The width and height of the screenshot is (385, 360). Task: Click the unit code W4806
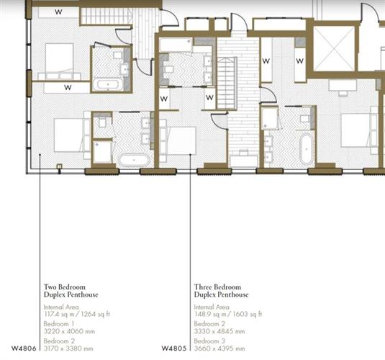coord(24,348)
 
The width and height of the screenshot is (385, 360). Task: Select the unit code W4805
coord(174,348)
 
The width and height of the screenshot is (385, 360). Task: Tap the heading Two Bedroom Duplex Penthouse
coord(71,291)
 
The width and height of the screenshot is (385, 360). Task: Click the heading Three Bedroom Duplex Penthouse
coord(221,291)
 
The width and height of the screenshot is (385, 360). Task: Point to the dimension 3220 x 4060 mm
coord(69,331)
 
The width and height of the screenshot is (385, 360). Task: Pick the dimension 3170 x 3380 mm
coord(68,348)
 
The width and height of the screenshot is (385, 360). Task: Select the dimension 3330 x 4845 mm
coord(219,331)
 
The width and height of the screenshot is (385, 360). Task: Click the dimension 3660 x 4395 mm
coord(219,348)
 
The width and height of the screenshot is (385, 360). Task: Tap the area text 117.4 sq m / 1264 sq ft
coord(77,314)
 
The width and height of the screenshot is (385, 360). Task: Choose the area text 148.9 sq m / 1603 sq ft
coord(228,314)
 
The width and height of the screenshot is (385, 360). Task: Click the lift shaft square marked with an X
coord(334,48)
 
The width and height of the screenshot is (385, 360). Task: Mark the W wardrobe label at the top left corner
coord(58,12)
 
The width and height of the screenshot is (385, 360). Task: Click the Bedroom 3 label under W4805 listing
coord(209,341)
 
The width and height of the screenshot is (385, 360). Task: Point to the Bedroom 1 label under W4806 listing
coord(59,324)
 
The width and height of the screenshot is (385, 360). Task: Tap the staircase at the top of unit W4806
coord(106,17)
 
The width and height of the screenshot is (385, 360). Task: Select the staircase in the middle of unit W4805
coord(227,84)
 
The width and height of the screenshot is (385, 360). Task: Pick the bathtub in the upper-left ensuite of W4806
coord(108,84)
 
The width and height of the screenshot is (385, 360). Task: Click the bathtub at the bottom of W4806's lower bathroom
coord(134,161)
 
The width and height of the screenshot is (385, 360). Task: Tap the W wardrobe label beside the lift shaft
coord(300,60)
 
